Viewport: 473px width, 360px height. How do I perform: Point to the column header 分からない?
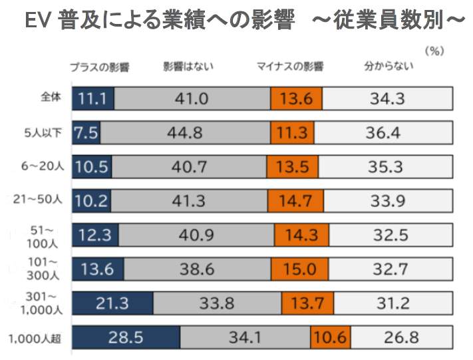(389, 67)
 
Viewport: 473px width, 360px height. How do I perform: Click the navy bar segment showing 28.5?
(126, 337)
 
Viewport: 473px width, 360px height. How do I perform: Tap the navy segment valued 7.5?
(86, 132)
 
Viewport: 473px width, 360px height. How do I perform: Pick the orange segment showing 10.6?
(330, 337)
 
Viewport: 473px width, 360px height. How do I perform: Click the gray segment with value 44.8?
(185, 132)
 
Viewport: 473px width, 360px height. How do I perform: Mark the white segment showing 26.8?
(401, 337)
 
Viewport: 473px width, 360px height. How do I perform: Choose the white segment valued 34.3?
(388, 98)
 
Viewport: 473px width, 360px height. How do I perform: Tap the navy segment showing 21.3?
(112, 303)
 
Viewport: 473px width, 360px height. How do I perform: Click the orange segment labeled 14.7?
(293, 200)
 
